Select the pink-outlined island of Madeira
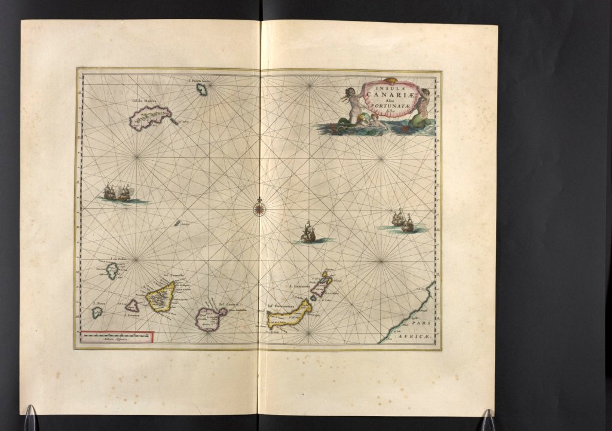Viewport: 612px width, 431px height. click(151, 117)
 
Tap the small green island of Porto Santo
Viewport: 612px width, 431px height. click(203, 90)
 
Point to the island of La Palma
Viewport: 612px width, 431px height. click(112, 271)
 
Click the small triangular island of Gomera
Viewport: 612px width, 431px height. click(132, 305)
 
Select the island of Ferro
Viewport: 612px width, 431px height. click(97, 312)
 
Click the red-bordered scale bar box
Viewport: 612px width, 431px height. click(117, 338)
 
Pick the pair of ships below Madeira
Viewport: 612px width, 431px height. click(117, 192)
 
